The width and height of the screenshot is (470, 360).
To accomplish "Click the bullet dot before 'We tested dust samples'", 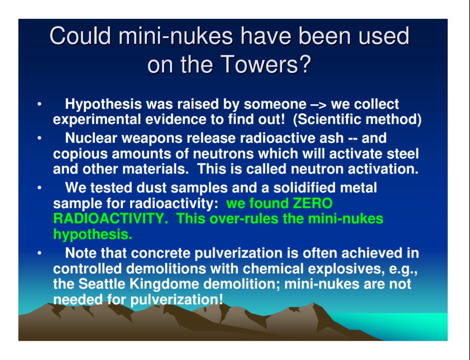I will (x=39, y=188).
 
